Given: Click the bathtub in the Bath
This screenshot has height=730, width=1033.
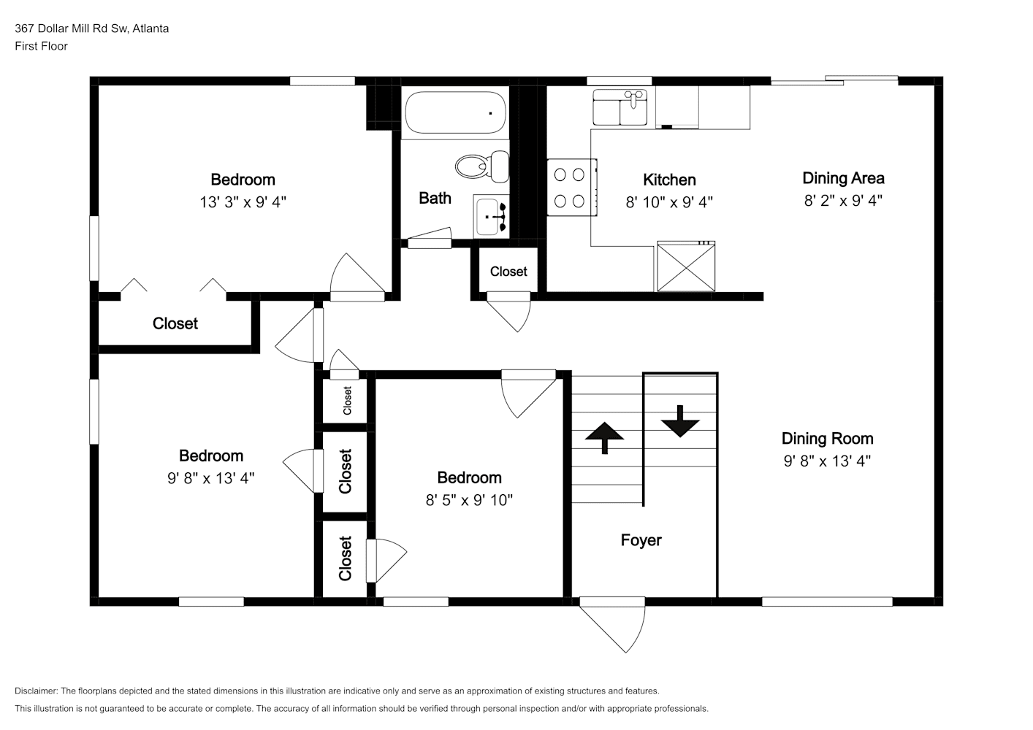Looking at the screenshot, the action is click(x=455, y=112).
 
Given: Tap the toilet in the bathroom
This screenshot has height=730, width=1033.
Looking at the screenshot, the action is click(x=482, y=166).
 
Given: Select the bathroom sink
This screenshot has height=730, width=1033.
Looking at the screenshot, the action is click(x=491, y=216).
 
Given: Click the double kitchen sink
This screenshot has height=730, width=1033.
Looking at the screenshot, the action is click(x=620, y=107).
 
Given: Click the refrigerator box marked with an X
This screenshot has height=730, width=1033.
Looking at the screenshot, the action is click(x=686, y=266).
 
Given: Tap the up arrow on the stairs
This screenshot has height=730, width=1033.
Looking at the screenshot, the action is click(x=605, y=438).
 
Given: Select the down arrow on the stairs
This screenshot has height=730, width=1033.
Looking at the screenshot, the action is click(x=680, y=420).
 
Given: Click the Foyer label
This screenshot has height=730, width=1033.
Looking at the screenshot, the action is click(x=641, y=540).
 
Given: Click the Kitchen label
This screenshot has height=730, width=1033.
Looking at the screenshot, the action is click(x=669, y=180).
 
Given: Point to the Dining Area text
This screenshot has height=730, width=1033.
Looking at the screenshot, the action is click(x=843, y=178).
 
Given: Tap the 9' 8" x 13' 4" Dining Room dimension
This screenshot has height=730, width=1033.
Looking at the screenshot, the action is click(x=827, y=461).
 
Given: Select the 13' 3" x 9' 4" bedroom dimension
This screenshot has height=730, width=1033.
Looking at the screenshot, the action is click(x=243, y=202).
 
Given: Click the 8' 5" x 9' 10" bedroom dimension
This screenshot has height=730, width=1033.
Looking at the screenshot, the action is click(x=469, y=499).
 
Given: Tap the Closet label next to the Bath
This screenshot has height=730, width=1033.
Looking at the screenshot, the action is click(x=508, y=272).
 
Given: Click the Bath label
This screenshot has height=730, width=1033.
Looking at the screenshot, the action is click(x=435, y=198).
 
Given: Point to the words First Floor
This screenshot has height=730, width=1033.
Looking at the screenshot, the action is click(x=41, y=46).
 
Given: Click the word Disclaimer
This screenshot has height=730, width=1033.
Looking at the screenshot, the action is click(x=36, y=691).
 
